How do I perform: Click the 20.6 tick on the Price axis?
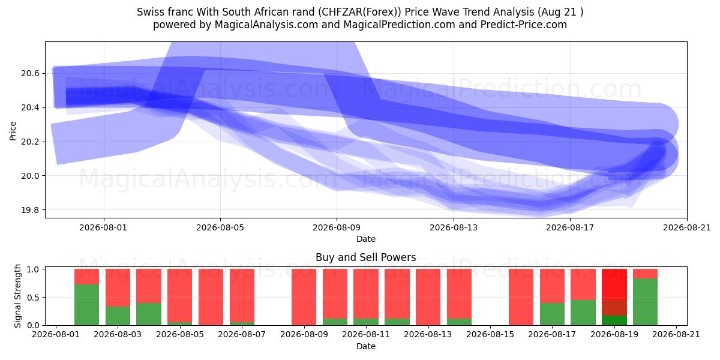pos(30,74)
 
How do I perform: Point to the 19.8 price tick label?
pos(30,210)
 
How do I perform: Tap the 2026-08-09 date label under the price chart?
pos(337,227)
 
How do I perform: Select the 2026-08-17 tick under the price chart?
pos(570,227)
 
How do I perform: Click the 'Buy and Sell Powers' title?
pos(366,257)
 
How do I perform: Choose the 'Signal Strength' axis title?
pos(17,296)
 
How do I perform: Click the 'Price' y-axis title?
pos(13,131)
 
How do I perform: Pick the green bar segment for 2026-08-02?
pos(87,305)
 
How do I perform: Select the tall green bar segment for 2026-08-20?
pos(645,302)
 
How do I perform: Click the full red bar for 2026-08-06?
pos(211,297)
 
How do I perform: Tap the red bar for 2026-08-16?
pos(521,297)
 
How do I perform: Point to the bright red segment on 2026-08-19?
pos(614,285)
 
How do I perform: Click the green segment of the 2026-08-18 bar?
pos(583,313)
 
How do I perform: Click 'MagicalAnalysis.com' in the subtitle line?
pos(266,25)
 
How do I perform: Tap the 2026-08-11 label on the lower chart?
pos(366,335)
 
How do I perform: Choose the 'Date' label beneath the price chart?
pos(366,239)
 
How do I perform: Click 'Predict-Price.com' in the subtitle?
pos(524,25)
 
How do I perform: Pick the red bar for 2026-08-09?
pos(304,297)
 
